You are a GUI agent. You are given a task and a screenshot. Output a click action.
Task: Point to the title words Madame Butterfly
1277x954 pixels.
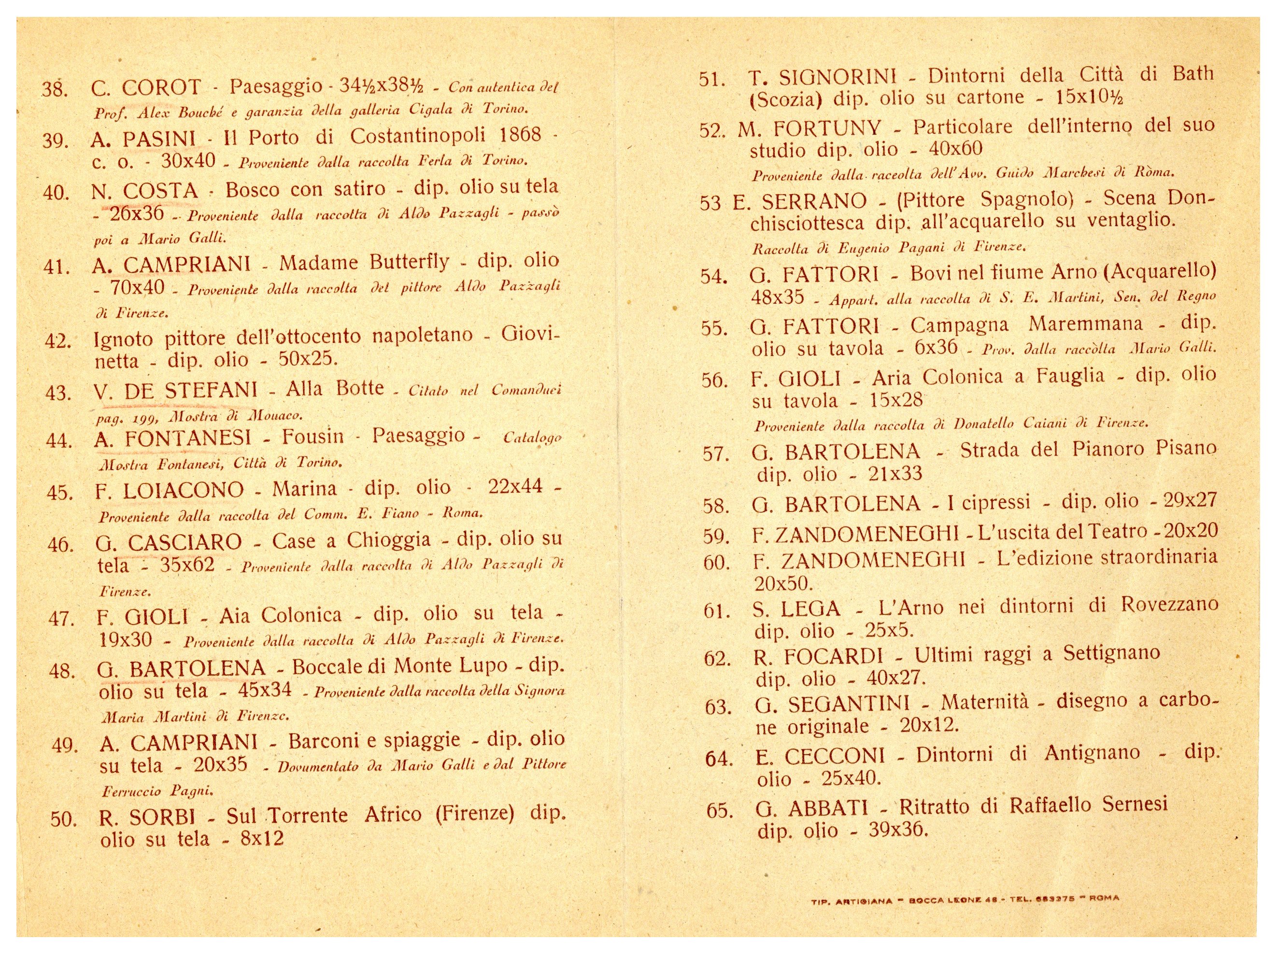(x=364, y=263)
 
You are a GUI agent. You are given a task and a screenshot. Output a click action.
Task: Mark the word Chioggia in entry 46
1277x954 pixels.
(x=388, y=540)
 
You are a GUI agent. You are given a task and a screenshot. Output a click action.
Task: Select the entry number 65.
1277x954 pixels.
(x=719, y=811)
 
